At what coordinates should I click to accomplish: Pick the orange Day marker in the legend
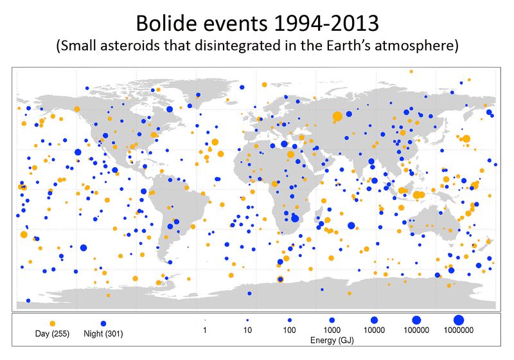point(52,322)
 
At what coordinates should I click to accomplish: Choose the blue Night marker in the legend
point(103,322)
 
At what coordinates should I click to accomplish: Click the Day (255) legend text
point(52,334)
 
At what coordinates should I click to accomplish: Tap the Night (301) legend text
point(103,334)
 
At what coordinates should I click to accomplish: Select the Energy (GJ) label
point(332,339)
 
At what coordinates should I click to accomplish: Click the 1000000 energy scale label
point(458,330)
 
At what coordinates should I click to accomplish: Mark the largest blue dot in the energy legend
point(458,319)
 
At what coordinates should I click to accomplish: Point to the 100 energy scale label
point(290,330)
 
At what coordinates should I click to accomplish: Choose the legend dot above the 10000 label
point(374,319)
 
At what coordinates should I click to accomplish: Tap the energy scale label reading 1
point(205,330)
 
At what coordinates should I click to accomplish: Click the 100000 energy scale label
point(416,330)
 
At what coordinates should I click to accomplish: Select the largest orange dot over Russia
point(337,116)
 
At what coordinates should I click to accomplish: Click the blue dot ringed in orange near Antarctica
point(279,279)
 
